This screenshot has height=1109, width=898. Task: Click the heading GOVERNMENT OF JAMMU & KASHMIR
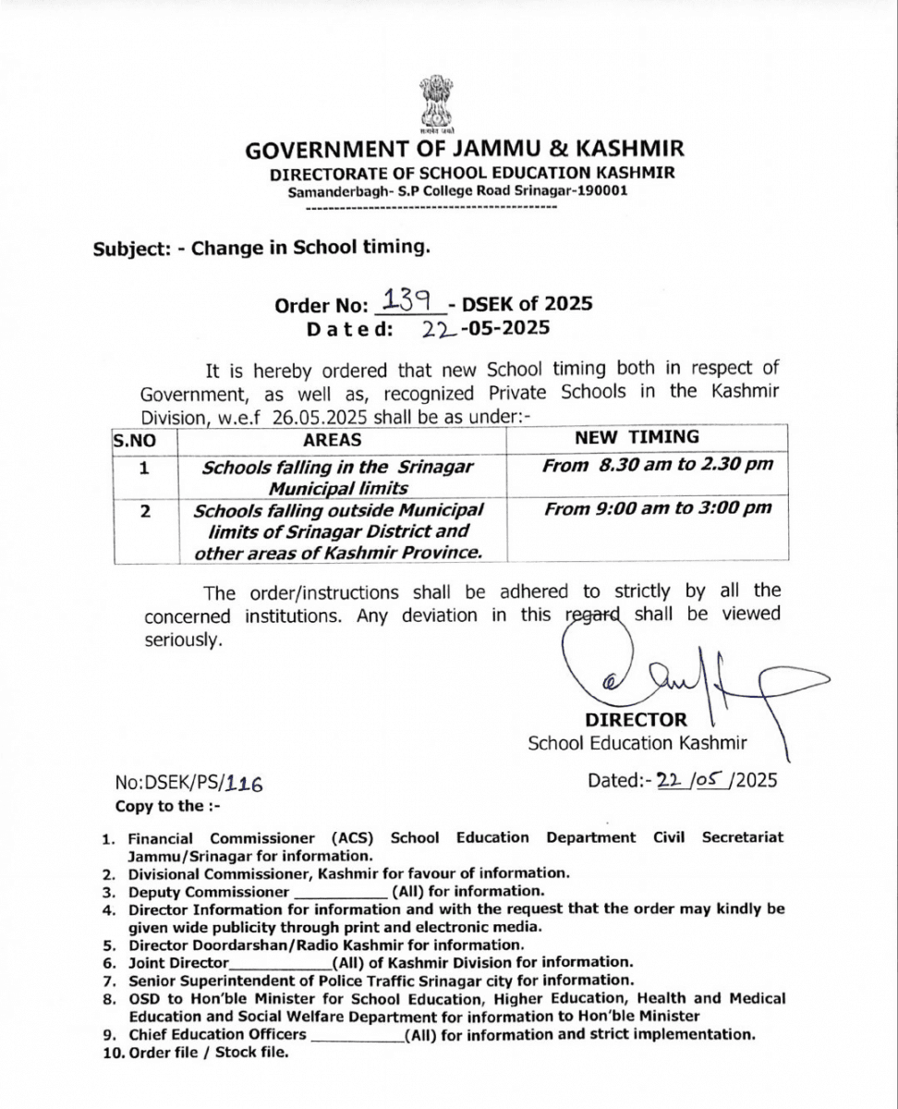coord(465,150)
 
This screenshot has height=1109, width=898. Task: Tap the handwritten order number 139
coord(403,299)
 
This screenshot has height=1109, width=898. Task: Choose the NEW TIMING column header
coord(637,437)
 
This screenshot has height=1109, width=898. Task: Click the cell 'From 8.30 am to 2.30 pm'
coord(657,465)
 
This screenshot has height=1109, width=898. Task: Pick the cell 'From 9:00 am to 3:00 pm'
coord(658,507)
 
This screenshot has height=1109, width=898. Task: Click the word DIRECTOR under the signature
coord(636,719)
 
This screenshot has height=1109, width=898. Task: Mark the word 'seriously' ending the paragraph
coord(183,639)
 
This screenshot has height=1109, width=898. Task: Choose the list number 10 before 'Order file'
coord(112,1053)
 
